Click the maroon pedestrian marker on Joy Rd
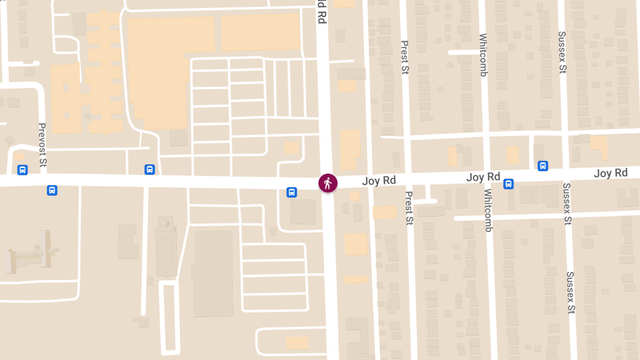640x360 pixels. (327, 183)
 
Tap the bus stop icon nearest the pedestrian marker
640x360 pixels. (292, 192)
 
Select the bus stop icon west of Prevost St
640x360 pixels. (22, 170)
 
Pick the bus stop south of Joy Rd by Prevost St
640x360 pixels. (52, 190)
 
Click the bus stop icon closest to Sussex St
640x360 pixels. (543, 166)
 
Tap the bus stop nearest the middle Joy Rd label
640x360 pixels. (509, 184)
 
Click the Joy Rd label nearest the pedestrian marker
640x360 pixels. (379, 180)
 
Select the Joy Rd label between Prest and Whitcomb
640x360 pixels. (483, 177)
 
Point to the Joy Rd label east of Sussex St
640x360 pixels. (611, 173)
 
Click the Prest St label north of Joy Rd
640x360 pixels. (404, 57)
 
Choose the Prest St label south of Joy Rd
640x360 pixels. (409, 208)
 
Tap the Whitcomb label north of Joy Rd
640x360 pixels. (483, 55)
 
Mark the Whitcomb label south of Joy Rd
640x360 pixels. (489, 210)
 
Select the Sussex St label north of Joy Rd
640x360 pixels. (562, 53)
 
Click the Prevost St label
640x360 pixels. (42, 141)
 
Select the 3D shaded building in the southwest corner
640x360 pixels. (32, 253)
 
